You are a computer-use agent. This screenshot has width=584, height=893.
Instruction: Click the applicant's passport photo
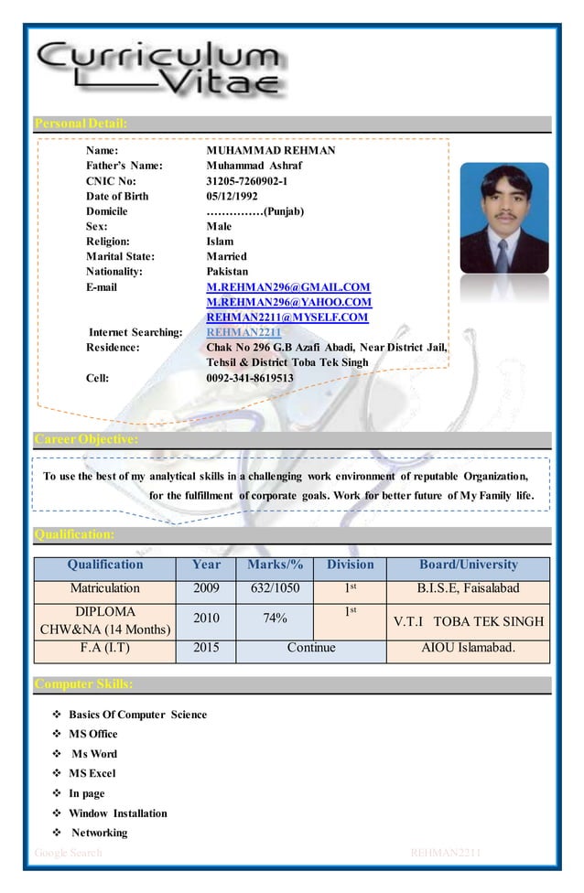[x=503, y=218]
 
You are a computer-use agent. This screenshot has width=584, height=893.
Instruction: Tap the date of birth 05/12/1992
[x=232, y=196]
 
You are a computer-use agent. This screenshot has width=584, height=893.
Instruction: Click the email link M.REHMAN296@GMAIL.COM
[x=288, y=287]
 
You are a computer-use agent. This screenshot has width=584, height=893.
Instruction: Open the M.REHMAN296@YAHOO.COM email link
[x=289, y=302]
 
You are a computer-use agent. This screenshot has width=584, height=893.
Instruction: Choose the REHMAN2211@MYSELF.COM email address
[x=287, y=317]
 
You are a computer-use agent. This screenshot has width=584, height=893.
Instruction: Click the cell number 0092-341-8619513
[x=250, y=377]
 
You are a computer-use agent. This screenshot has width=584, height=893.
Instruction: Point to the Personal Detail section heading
[x=81, y=124]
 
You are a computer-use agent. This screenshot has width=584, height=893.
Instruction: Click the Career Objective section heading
[x=86, y=440]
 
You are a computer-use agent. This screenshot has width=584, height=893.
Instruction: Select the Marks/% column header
[x=275, y=565]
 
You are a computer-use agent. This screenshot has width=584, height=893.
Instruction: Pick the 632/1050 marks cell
[x=275, y=588]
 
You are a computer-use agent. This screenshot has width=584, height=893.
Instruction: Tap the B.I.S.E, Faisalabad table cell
[x=468, y=588]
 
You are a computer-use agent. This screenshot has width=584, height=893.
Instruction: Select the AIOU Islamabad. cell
[x=468, y=648]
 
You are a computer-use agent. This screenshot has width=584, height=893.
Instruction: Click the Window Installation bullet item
[x=118, y=812]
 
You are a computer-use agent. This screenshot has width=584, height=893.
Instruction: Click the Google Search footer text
[x=68, y=853]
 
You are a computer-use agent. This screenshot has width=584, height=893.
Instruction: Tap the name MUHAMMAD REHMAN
[x=271, y=150]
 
